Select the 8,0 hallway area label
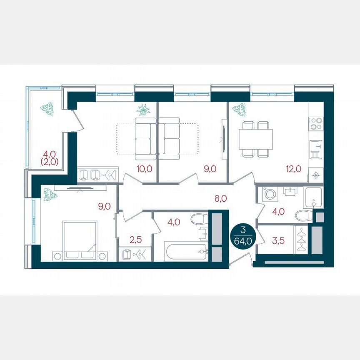[221, 198]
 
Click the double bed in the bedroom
[79, 241]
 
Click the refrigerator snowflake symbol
[316, 176]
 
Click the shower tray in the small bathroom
[313, 197]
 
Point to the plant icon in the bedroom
[50, 194]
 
